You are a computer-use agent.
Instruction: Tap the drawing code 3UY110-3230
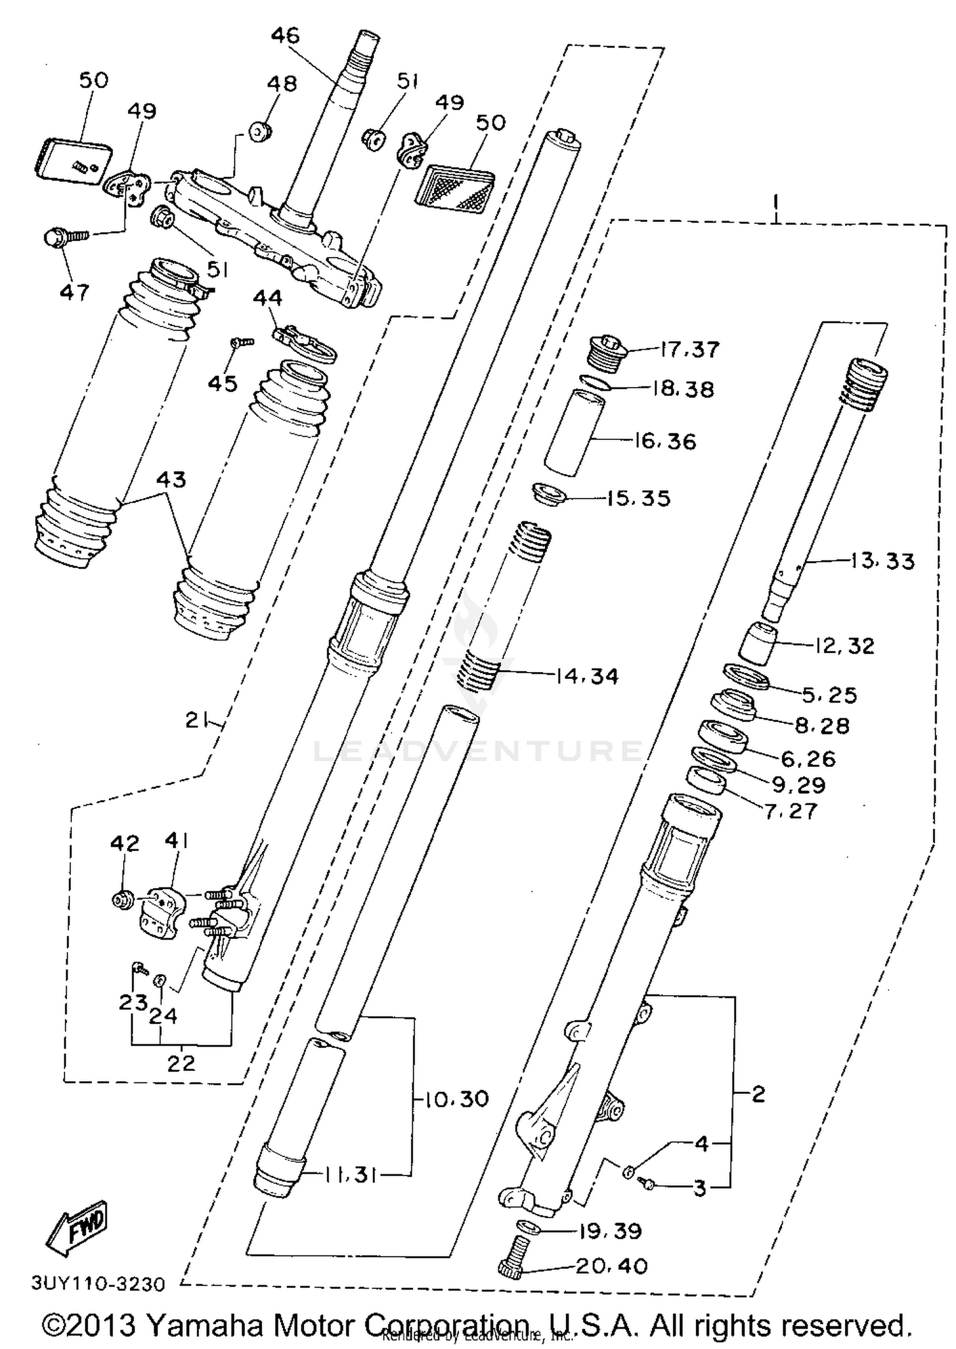pos(98,1282)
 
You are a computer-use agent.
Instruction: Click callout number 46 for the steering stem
pos(285,35)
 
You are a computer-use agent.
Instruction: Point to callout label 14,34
pos(587,676)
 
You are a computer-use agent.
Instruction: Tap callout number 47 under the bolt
pos(75,293)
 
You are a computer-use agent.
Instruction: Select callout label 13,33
pos(883,561)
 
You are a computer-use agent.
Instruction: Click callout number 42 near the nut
pos(124,843)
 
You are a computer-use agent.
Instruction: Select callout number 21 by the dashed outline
pos(197,720)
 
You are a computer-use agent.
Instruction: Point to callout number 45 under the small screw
pos(222,384)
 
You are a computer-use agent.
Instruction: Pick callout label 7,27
pos(790,811)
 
